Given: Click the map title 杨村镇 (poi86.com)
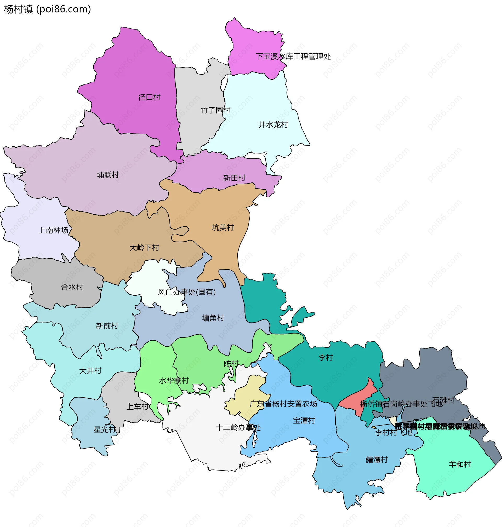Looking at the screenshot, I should (x=48, y=9).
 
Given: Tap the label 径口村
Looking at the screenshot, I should (x=149, y=97).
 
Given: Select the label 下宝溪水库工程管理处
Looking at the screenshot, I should (x=293, y=56).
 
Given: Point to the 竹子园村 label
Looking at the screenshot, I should (x=215, y=110).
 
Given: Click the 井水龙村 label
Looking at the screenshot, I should (x=273, y=125).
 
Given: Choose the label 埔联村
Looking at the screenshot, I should (x=107, y=175).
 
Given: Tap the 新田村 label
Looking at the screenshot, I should (x=234, y=178).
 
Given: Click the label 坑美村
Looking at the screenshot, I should (x=223, y=227).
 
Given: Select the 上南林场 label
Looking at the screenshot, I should (x=53, y=230).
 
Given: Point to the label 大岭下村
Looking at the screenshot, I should (x=144, y=248).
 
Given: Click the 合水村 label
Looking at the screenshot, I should (x=72, y=287).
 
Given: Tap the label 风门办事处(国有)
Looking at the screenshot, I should (x=186, y=292).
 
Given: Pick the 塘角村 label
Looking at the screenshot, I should (x=213, y=318).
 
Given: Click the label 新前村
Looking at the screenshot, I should (x=107, y=326).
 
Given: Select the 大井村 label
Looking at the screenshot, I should (x=90, y=371).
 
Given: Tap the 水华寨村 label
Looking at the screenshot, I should (x=174, y=381).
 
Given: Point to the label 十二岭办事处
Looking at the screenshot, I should (x=238, y=427).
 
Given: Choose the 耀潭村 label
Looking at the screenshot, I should (x=377, y=460).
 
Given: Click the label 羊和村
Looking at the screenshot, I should (x=460, y=465).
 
